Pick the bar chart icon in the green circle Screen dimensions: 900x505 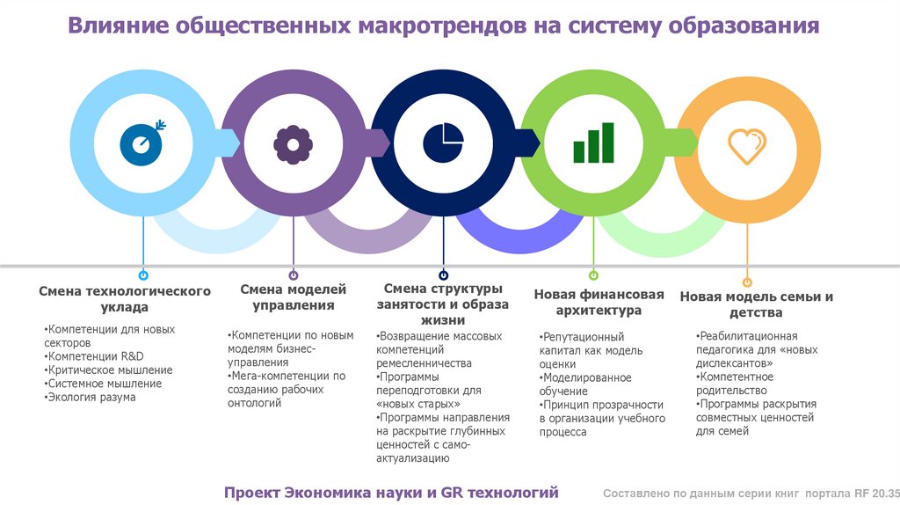pos(593,143)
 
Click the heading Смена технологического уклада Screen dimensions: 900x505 pos(125,299)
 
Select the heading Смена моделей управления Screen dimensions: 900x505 pos(294,297)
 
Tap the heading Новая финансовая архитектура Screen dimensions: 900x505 pos(599,302)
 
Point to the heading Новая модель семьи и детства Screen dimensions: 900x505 pos(756,304)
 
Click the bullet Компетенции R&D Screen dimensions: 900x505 pos(95,356)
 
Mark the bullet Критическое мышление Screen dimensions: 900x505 pos(110,370)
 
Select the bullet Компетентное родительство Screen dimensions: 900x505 pos(735,384)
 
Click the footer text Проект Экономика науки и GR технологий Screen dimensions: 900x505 pos(391,493)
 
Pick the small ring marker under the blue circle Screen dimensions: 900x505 pos(142,275)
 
